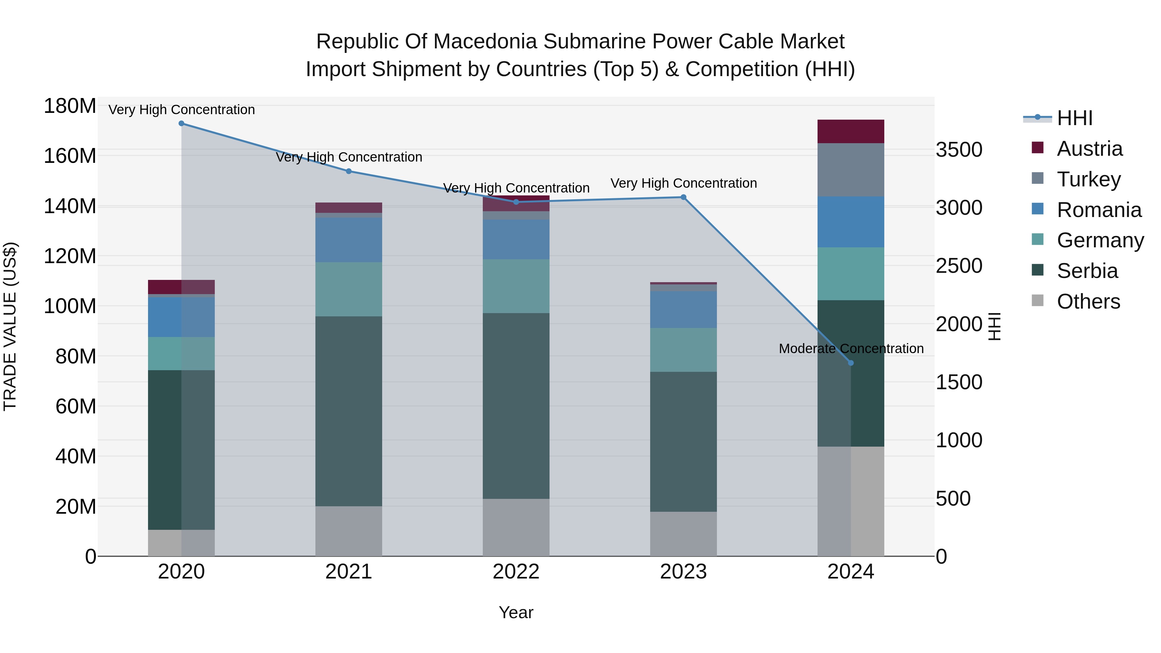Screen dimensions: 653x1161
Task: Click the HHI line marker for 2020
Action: [181, 124]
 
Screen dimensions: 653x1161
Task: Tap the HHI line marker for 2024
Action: [850, 363]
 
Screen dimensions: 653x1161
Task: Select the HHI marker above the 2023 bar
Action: [683, 197]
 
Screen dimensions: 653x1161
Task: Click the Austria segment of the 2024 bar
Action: [850, 132]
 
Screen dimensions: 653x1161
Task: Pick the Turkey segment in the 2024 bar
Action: [850, 170]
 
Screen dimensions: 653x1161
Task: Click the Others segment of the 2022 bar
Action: [516, 527]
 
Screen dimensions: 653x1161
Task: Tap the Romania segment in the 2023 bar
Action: [683, 310]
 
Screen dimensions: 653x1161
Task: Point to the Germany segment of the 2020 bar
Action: [181, 354]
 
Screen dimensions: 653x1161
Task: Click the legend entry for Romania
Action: [1098, 210]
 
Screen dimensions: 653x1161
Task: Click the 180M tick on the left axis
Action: [70, 106]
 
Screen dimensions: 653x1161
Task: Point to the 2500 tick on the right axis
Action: [959, 266]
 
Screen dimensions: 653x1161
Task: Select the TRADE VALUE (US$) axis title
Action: [10, 326]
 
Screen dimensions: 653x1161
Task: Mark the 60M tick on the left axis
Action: [75, 407]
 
